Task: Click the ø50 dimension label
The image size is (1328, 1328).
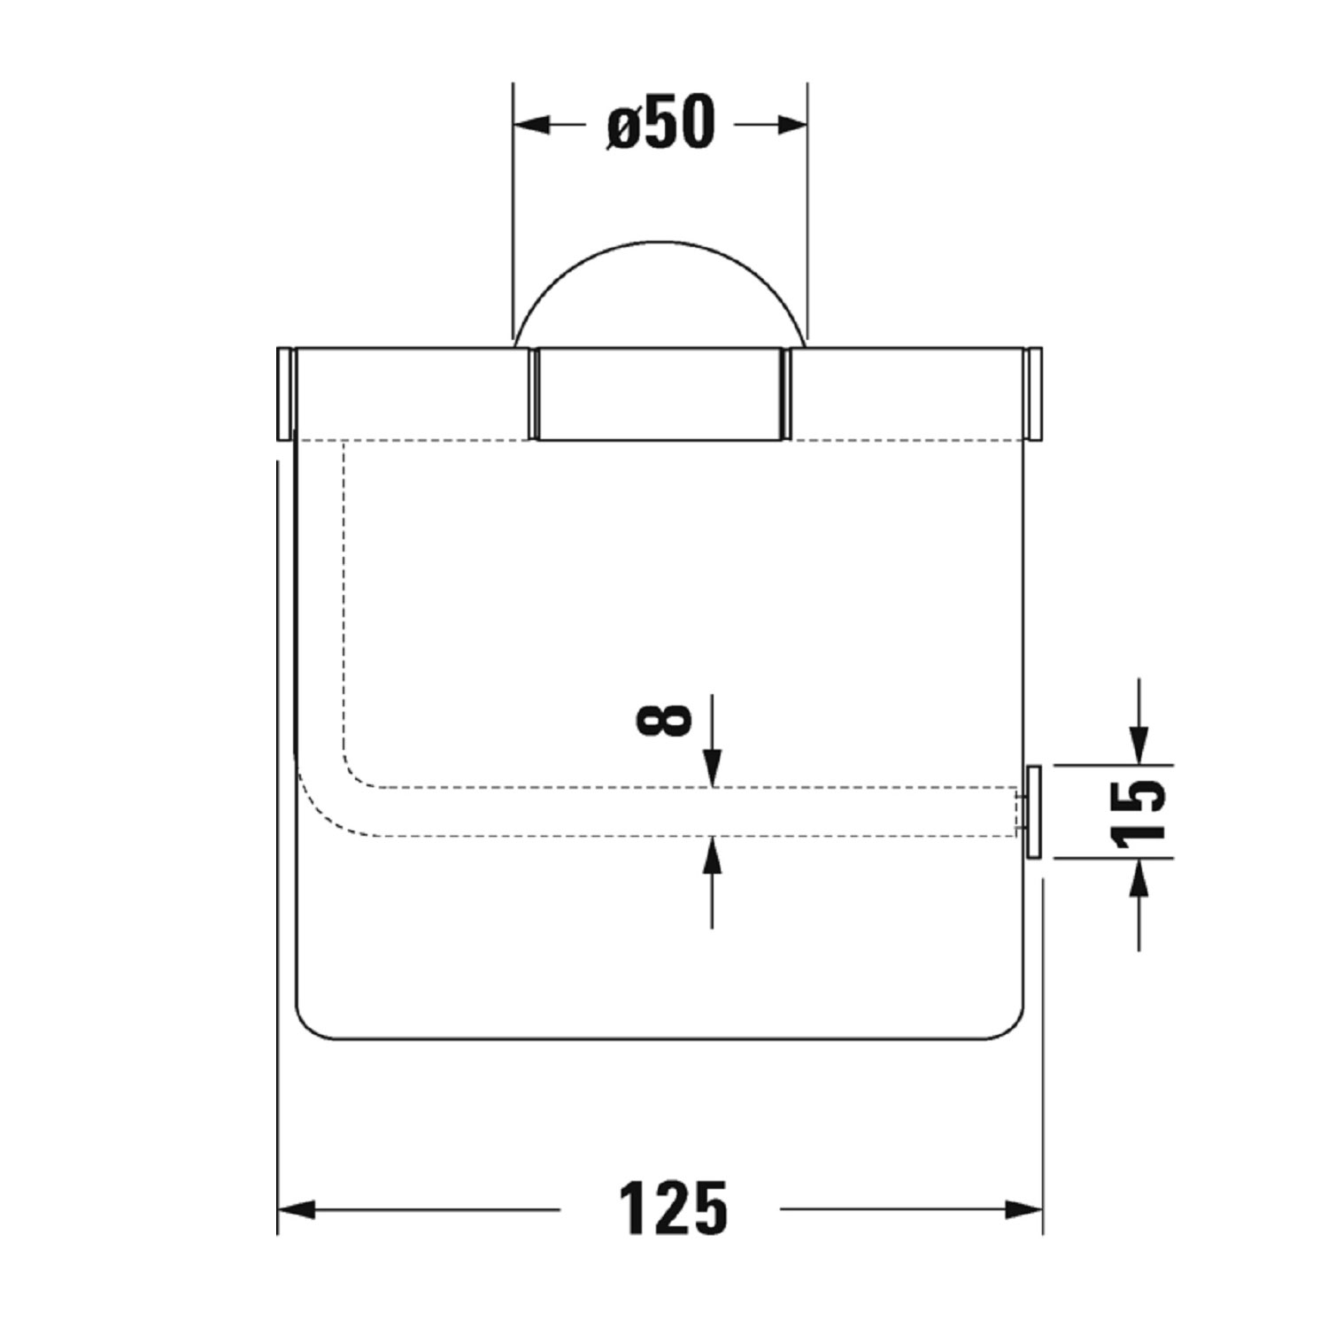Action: (660, 123)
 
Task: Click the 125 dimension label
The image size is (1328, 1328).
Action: (672, 1208)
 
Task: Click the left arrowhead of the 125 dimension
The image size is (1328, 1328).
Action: (297, 1208)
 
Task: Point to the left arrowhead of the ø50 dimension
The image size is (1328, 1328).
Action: (532, 125)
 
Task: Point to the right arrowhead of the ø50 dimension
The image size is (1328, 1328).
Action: (790, 125)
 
